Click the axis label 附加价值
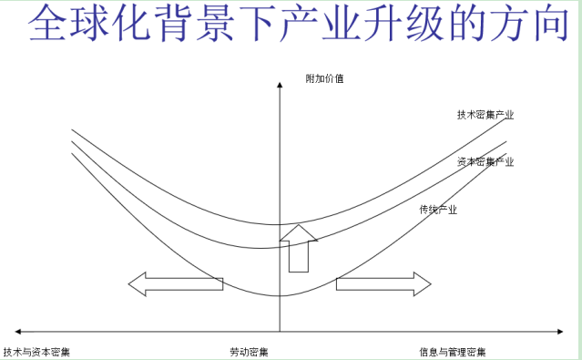[324, 78]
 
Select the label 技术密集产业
[485, 115]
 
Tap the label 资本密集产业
[485, 161]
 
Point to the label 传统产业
[438, 210]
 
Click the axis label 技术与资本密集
[36, 352]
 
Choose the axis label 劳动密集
[249, 352]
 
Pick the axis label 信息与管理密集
[453, 352]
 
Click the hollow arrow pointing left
[176, 284]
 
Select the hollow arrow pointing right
[383, 284]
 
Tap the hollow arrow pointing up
[299, 248]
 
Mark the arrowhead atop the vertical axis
[280, 85]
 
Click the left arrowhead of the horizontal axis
[17, 332]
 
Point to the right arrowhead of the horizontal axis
[560, 332]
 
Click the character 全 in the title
[47, 22]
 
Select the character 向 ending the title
[548, 22]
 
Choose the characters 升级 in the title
[403, 22]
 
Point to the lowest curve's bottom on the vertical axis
[280, 295]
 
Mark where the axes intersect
[280, 332]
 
